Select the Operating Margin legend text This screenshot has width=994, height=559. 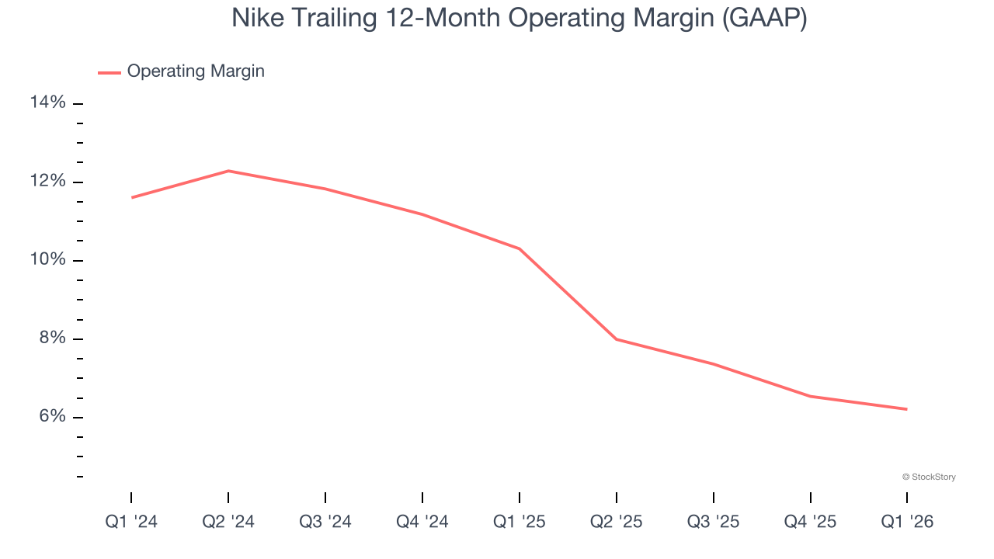coord(196,71)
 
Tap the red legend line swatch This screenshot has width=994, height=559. coord(109,72)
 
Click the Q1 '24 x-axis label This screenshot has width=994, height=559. coord(131,522)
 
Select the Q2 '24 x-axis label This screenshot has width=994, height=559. coord(228,522)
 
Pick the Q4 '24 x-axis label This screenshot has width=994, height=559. coord(422,522)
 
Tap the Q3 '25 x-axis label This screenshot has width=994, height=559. coord(714,522)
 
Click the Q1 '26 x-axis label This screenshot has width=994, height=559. coord(907,522)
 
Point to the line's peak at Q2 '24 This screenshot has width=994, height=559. coord(228,171)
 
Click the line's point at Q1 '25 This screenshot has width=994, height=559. coord(520,248)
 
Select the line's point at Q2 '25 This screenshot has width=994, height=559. coord(616,339)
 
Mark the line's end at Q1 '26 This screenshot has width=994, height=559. coord(907,409)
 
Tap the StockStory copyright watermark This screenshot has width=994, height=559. coord(929,477)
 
